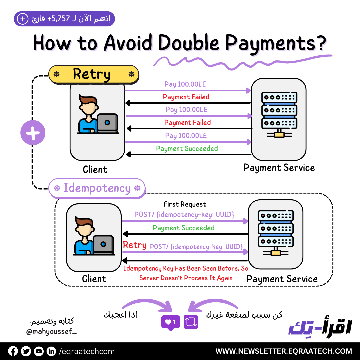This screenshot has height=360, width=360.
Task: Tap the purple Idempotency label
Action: [97, 188]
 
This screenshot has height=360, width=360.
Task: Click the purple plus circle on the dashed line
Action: [33, 133]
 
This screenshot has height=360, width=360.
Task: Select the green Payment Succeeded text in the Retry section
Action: [187, 149]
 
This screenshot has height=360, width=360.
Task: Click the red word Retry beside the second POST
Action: [135, 245]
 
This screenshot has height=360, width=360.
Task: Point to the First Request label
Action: [185, 204]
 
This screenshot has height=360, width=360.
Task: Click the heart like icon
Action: [170, 322]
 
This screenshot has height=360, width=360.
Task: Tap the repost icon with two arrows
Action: [191, 322]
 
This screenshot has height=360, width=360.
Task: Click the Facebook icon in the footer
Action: [13, 351]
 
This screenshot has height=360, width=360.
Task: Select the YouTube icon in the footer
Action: [39, 351]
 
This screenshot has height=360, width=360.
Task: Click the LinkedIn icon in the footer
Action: [51, 351]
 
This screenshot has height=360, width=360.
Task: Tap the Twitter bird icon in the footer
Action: [26, 351]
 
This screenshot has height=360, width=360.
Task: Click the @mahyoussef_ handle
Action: [51, 332]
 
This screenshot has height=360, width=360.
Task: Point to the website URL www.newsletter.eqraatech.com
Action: [284, 351]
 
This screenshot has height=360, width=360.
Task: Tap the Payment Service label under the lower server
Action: [282, 279]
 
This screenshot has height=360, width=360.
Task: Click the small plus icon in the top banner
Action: [23, 19]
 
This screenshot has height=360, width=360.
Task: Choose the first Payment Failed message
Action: [186, 97]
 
